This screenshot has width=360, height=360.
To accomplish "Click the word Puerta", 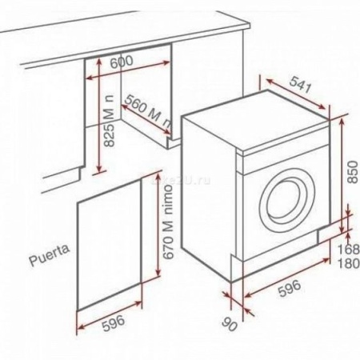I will click(46, 260).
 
